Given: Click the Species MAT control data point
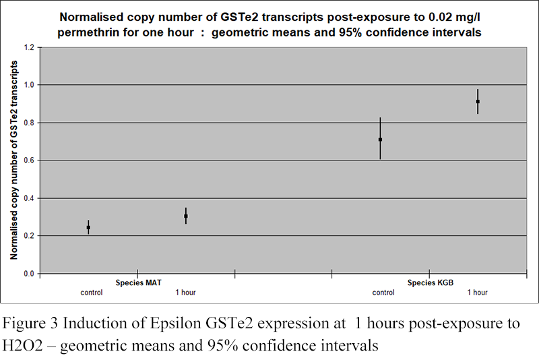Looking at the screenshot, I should click(88, 228).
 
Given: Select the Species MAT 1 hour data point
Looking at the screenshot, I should click(186, 216).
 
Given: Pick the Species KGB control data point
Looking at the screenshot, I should click(380, 140).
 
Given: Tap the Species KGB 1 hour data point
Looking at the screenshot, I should click(478, 102).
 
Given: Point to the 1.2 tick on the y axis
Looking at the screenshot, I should click(28, 47).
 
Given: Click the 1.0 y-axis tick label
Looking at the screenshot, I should click(28, 85).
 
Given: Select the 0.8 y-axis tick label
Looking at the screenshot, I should click(28, 123).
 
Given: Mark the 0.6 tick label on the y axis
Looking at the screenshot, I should click(28, 160).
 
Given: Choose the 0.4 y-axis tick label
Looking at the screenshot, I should click(28, 198).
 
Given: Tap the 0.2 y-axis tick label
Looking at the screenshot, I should click(28, 236).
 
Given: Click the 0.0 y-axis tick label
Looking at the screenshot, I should click(28, 274).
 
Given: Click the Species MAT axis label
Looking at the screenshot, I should click(137, 283).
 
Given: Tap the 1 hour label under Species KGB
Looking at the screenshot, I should click(478, 293).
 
